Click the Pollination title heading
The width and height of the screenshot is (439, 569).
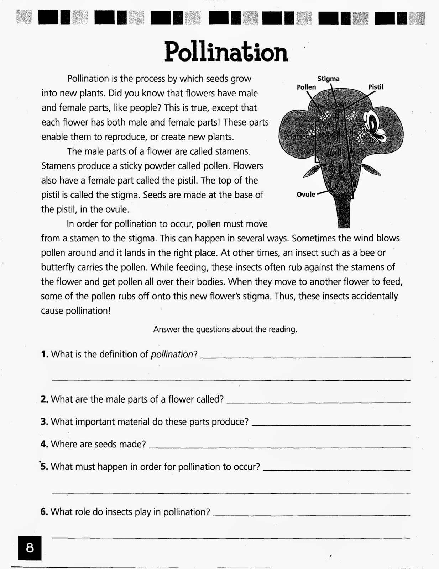pos(226,52)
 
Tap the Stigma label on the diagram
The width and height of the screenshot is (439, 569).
pos(328,79)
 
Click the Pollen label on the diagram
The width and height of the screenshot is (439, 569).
pos(306,87)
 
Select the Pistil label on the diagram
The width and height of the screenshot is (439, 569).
pos(375,87)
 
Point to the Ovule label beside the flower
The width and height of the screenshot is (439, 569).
pos(306,195)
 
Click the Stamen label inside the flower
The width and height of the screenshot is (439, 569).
pos(297,136)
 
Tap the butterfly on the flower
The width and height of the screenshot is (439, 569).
pos(374,126)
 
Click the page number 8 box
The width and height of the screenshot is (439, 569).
pos(30,547)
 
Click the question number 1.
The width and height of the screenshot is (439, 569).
pos(44,354)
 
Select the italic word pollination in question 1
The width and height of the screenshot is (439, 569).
pos(172,354)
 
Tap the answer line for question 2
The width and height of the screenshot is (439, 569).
pos(318,402)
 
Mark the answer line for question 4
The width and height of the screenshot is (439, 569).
pos(279,447)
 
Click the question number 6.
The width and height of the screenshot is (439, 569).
pos(44,512)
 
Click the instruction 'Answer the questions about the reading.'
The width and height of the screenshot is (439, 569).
pos(225,329)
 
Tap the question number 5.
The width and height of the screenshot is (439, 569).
pos(44,467)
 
